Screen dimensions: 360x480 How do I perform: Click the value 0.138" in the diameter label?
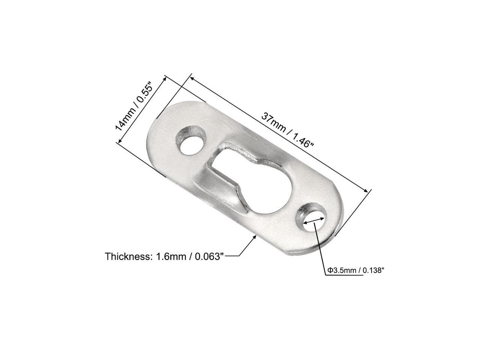point(373,270)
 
